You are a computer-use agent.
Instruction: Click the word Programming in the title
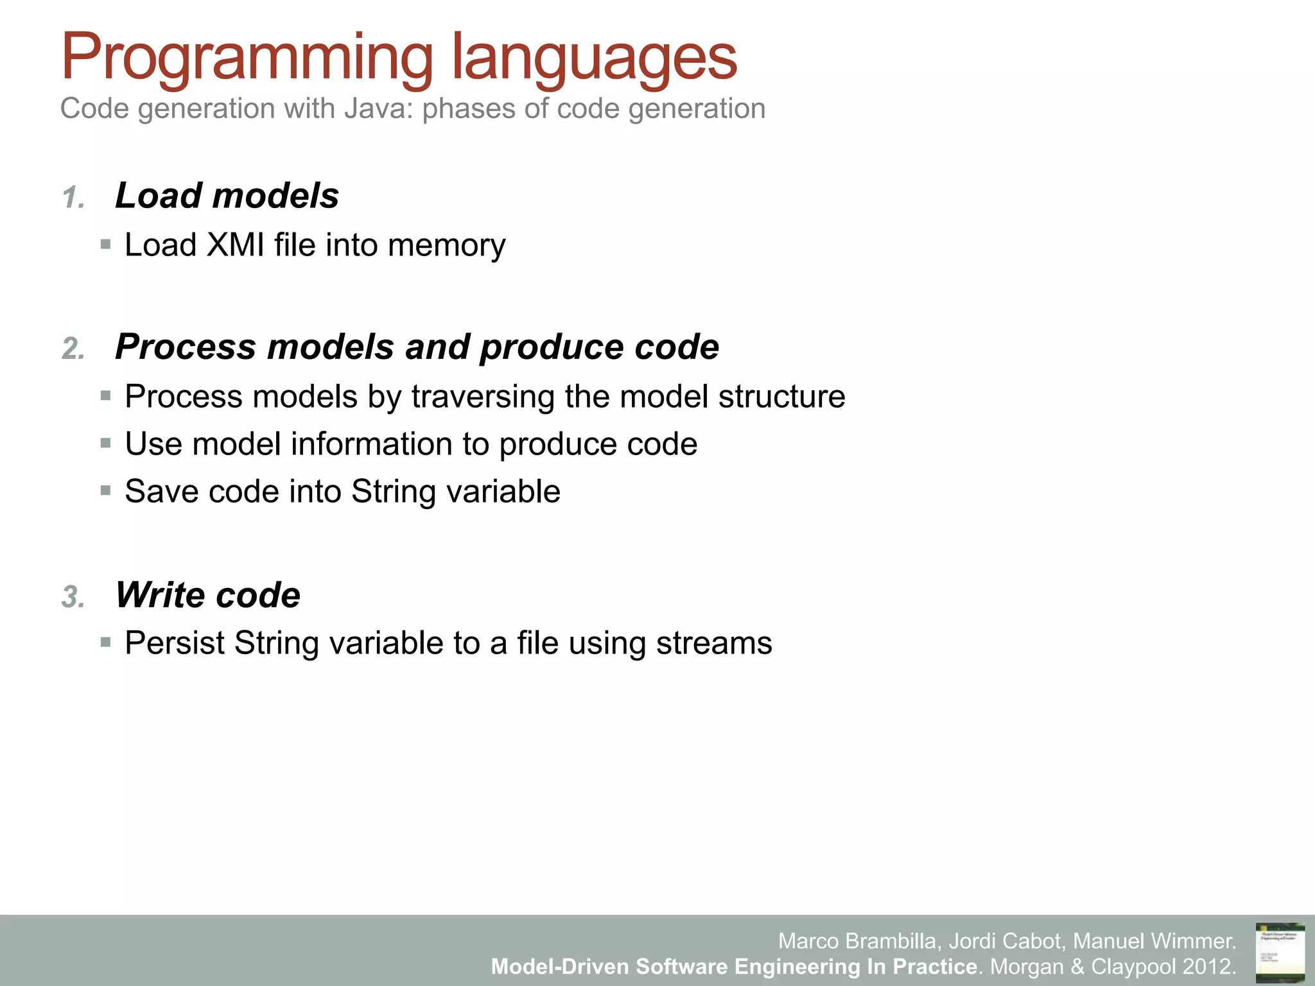[247, 59]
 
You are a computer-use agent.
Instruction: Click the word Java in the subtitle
[378, 108]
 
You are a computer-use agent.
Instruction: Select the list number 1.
[73, 198]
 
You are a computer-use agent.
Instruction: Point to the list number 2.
[73, 349]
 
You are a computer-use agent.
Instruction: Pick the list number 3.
[73, 597]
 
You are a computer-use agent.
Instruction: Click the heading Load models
[227, 195]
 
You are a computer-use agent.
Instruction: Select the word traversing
[483, 397]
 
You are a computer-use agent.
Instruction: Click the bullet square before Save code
[106, 491]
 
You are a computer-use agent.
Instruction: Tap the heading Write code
[207, 595]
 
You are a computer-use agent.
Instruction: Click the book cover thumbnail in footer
[1280, 952]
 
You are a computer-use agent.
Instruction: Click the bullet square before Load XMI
[106, 245]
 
